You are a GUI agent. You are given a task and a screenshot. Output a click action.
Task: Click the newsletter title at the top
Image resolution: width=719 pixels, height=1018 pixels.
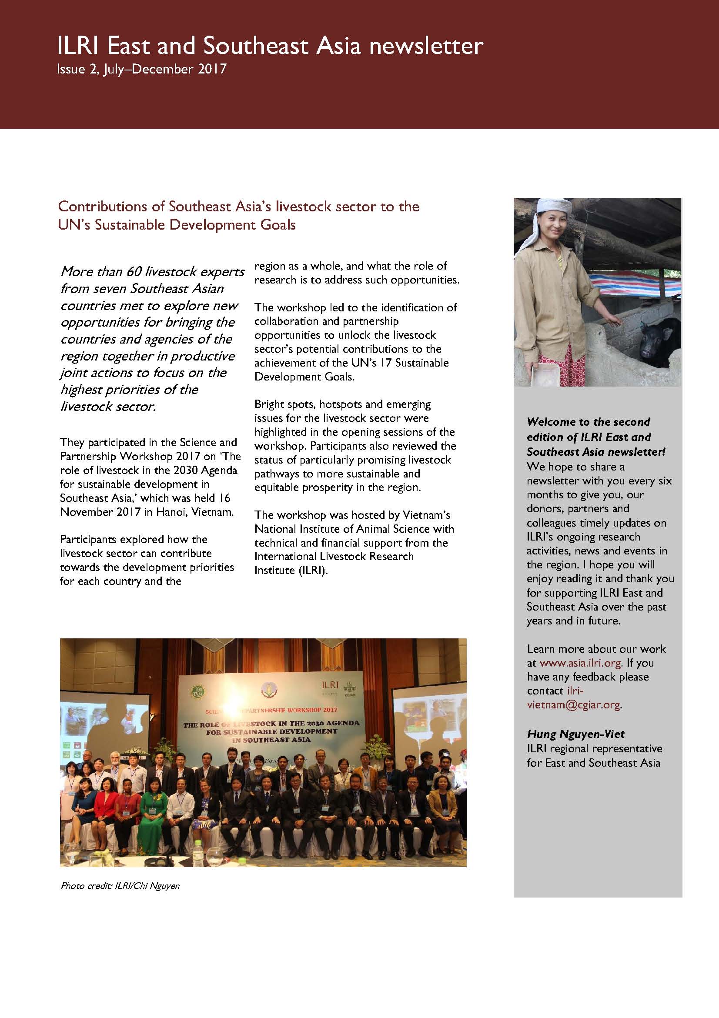tap(270, 46)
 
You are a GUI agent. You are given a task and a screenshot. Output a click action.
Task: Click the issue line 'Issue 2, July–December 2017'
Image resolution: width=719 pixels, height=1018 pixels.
tap(141, 70)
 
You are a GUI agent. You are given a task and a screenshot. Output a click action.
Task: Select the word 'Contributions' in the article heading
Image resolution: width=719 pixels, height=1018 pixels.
tap(110, 207)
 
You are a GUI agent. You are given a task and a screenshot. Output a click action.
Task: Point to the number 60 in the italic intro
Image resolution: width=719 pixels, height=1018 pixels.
tap(134, 271)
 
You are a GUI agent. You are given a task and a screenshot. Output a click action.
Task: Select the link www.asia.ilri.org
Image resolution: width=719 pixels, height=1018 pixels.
tap(580, 663)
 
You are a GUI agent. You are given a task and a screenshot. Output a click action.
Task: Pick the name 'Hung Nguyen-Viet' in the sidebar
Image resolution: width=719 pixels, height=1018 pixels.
tap(575, 734)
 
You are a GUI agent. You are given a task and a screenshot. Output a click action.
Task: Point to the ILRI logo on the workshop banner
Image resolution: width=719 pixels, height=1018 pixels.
tap(330, 685)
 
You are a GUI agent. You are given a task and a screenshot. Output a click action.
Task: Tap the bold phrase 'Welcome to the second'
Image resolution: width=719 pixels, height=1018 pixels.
tap(588, 422)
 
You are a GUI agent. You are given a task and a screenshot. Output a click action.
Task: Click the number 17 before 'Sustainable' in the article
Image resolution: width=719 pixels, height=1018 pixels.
tap(386, 363)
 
